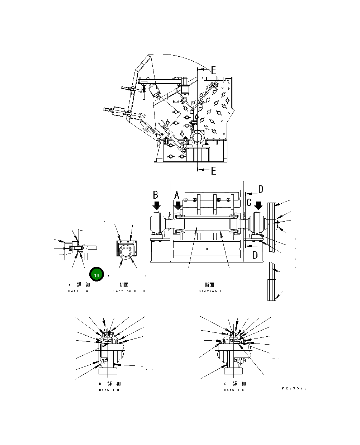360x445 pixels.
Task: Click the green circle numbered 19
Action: (96, 275)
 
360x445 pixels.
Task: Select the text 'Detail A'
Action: (78, 291)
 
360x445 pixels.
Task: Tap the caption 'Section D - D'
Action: (129, 291)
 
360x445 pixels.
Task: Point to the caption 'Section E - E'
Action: (214, 291)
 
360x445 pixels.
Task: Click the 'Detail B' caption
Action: (109, 390)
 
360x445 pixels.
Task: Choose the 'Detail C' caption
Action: (234, 390)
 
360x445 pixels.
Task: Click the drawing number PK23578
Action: (294, 388)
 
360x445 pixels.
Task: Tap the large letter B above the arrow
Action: (156, 195)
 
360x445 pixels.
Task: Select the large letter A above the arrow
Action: (176, 195)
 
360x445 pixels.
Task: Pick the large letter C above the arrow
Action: (249, 202)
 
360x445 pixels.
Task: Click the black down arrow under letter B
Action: (157, 206)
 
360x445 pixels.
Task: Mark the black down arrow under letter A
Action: (178, 206)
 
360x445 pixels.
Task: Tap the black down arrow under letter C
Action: (258, 206)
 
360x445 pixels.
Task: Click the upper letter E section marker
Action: (213, 70)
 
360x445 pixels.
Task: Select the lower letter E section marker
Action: (213, 171)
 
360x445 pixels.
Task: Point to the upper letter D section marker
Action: (261, 189)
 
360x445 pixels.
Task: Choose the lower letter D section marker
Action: (255, 255)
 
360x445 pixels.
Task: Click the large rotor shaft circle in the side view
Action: (197, 138)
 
